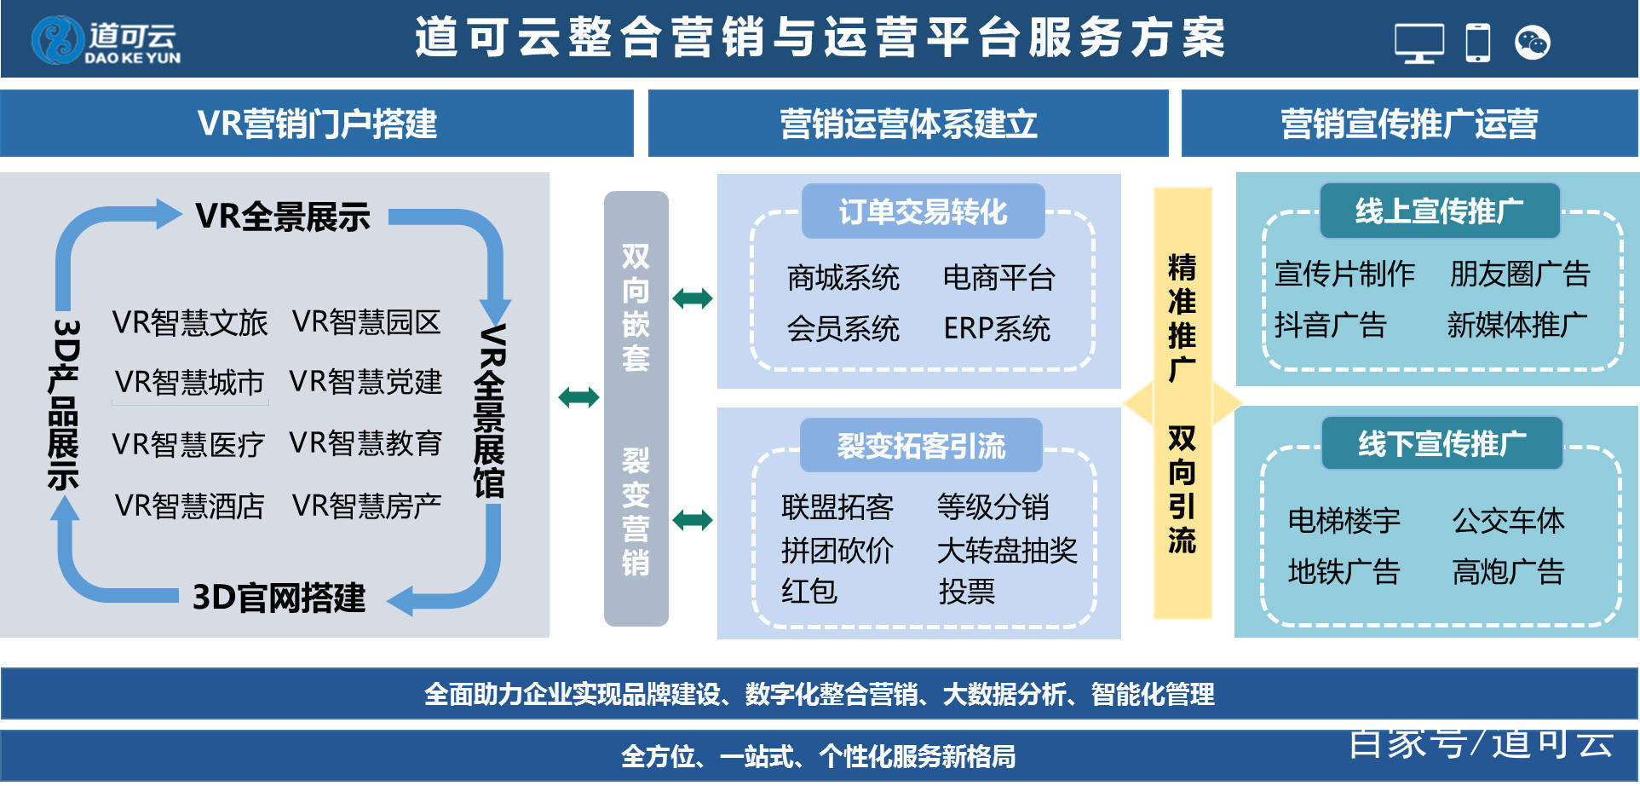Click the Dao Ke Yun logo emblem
57,40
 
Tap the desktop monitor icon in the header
1418,43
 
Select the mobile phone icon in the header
1477,43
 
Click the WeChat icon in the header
1532,43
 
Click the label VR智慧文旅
189,323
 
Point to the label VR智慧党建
365,382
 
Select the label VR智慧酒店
189,506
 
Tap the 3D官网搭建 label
279,598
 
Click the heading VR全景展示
283,217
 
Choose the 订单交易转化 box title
923,211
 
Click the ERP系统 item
997,329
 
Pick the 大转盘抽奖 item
1007,551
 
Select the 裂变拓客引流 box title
921,446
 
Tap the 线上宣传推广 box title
1439,211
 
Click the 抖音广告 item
1330,326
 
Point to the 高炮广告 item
1508,572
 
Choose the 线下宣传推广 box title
1441,443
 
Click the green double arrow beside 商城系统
693,298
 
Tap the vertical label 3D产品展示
64,405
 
